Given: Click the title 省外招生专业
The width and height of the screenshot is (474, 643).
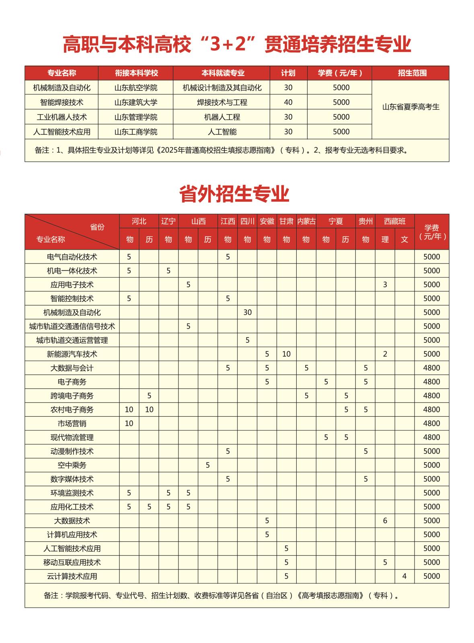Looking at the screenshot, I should pyautogui.click(x=234, y=194).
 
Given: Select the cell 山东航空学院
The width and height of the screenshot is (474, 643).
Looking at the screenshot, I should pyautogui.click(x=136, y=88).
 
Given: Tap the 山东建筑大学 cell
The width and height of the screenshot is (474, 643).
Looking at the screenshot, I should pyautogui.click(x=136, y=102).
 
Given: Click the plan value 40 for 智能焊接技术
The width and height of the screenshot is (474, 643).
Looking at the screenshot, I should pyautogui.click(x=288, y=102).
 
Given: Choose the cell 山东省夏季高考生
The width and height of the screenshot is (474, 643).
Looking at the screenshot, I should pyautogui.click(x=410, y=107).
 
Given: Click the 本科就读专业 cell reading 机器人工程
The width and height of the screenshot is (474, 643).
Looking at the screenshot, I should pyautogui.click(x=222, y=117).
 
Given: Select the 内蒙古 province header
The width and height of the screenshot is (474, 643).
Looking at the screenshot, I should pyautogui.click(x=306, y=221).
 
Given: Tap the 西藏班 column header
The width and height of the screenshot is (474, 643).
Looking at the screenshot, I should pyautogui.click(x=395, y=221).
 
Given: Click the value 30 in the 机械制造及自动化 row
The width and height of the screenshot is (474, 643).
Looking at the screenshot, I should pyautogui.click(x=247, y=312).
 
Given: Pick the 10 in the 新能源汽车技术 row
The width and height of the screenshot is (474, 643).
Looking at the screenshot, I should pyautogui.click(x=286, y=354).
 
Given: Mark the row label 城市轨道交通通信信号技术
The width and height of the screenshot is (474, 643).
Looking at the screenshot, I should pyautogui.click(x=72, y=326).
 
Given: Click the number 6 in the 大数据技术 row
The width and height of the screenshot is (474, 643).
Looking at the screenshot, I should pyautogui.click(x=385, y=521).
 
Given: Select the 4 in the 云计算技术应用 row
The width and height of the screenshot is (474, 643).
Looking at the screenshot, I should pyautogui.click(x=404, y=576).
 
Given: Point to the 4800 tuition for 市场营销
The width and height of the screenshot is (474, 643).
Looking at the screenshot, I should pyautogui.click(x=432, y=424).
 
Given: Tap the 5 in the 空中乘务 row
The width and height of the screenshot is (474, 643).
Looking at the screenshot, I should pyautogui.click(x=207, y=465).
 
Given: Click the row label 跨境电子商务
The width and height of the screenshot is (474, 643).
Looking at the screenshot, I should pyautogui.click(x=72, y=396).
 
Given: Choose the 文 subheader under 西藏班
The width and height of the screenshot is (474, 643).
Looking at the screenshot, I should pyautogui.click(x=404, y=240).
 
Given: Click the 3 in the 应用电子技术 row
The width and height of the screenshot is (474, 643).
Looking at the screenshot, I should pyautogui.click(x=385, y=285).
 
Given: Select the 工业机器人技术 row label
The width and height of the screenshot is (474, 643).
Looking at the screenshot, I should pyautogui.click(x=62, y=117).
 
